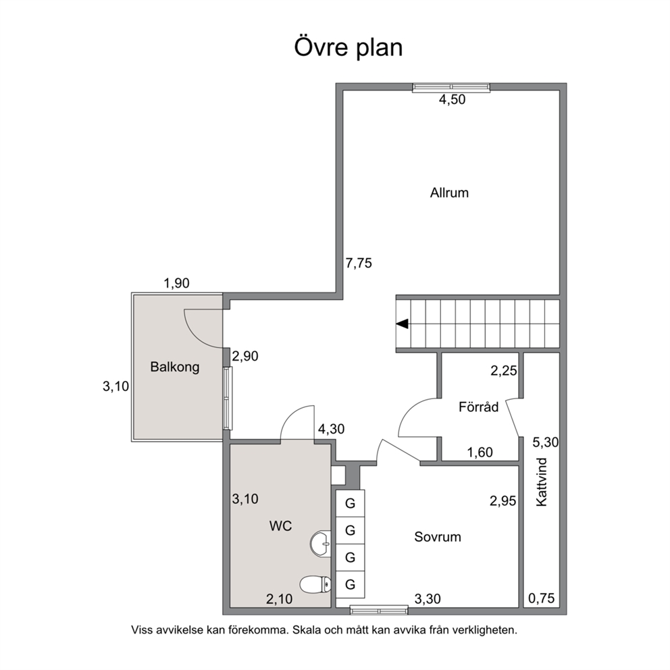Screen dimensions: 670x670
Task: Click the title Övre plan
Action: click(x=349, y=47)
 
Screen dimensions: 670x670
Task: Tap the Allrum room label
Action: click(x=449, y=192)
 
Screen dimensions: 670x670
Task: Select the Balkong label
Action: click(x=175, y=367)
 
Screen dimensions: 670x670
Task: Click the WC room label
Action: click(x=280, y=525)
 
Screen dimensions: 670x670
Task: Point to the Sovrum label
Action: click(x=438, y=537)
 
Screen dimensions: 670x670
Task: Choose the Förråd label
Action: click(x=479, y=407)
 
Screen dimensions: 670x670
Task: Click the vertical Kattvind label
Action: click(x=542, y=482)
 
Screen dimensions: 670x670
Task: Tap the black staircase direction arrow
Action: click(x=402, y=324)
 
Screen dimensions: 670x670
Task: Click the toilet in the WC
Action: click(x=316, y=584)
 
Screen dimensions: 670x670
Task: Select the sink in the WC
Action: click(x=320, y=544)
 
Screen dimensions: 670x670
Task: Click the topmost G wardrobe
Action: click(x=350, y=503)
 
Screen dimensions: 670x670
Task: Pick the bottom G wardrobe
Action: click(x=350, y=584)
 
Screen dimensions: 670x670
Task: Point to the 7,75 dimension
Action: click(x=359, y=263)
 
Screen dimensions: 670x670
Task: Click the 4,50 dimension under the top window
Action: click(x=452, y=99)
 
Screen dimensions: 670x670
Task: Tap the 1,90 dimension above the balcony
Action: click(x=176, y=283)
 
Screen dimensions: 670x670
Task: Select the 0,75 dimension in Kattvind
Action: click(x=542, y=598)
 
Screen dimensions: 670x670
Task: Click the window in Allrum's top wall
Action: click(x=450, y=88)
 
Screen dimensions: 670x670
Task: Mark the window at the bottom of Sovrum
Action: click(x=379, y=611)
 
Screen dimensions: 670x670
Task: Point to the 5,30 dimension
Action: click(x=545, y=442)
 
